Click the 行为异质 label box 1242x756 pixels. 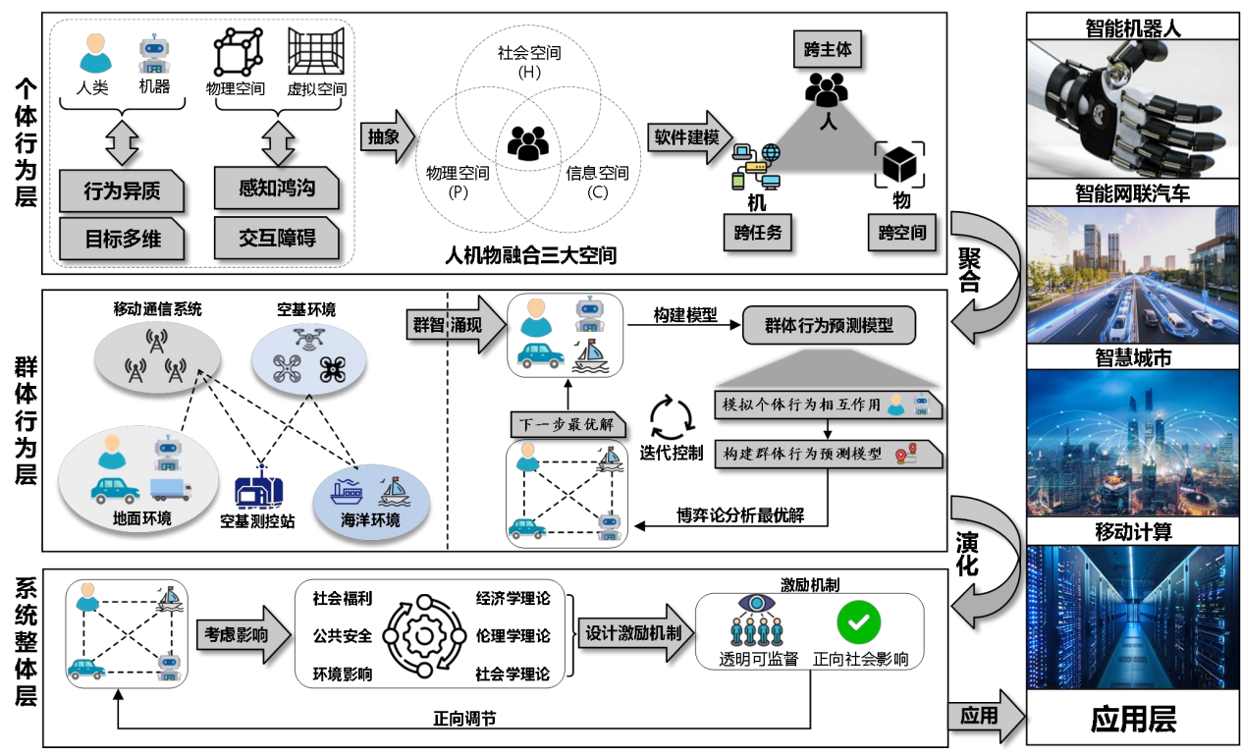[121, 190]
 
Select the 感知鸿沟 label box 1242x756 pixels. [276, 188]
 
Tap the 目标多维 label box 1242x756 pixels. [121, 239]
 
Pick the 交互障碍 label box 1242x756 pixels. [276, 238]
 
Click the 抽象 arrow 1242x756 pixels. [387, 136]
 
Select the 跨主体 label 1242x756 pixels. [827, 50]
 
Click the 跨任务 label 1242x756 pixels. [757, 233]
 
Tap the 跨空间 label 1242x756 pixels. [901, 233]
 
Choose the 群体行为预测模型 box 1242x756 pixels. [829, 325]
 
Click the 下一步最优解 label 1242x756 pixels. [568, 425]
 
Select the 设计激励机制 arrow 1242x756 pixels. [636, 633]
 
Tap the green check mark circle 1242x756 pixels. [858, 621]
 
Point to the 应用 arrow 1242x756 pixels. [984, 716]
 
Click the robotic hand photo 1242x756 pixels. [1132, 108]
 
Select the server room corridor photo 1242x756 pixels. [1132, 617]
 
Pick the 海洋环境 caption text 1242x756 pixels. [370, 520]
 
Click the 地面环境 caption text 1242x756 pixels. [142, 517]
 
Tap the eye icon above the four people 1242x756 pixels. [757, 603]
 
